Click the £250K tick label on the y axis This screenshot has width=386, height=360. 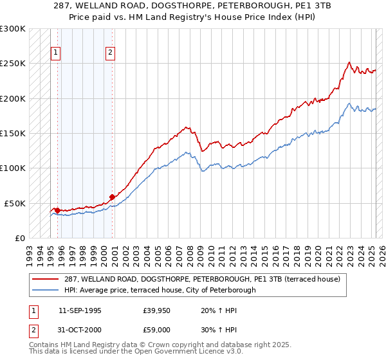click(x=13, y=64)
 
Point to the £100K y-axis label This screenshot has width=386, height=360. click(x=13, y=168)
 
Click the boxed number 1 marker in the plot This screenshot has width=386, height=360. click(x=56, y=53)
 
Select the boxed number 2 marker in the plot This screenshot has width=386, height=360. click(x=111, y=53)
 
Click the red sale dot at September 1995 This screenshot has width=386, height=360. click(x=57, y=210)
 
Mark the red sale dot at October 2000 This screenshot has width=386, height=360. click(x=112, y=197)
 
